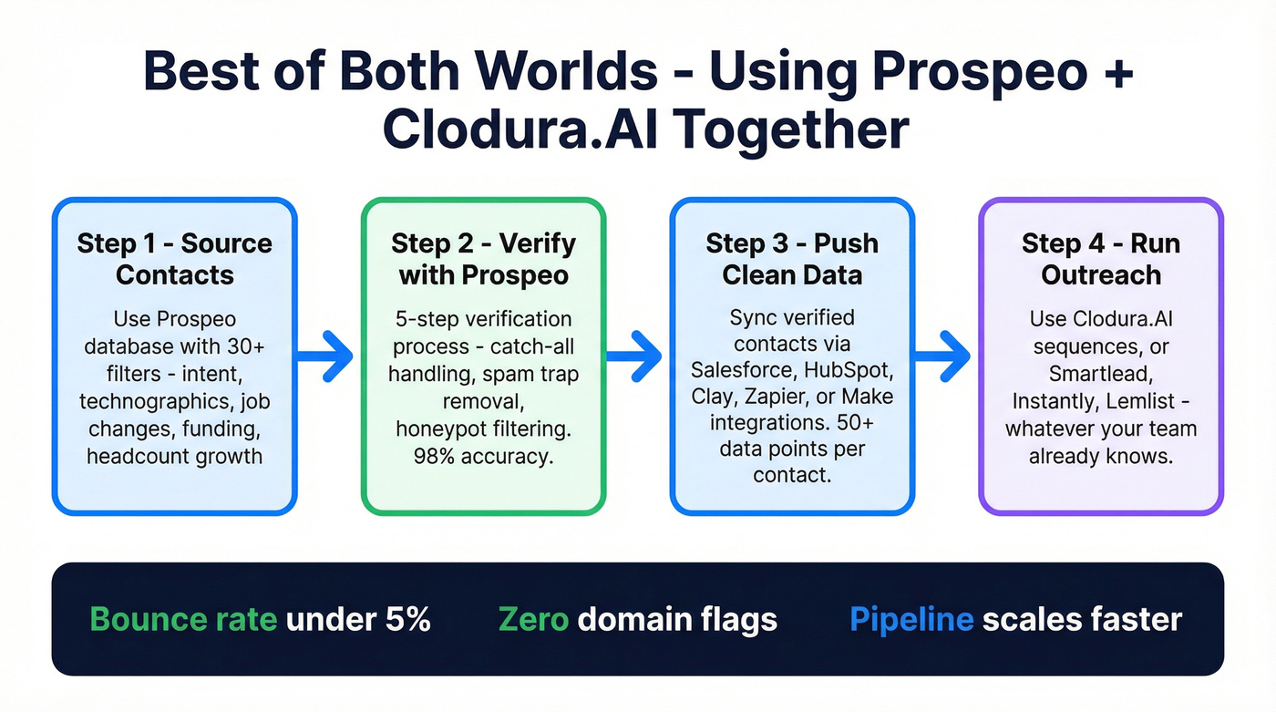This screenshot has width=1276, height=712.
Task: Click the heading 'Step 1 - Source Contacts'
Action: tap(174, 259)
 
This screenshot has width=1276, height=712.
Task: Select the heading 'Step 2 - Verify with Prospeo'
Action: tap(483, 259)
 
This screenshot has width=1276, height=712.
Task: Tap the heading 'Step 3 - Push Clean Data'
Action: tap(791, 259)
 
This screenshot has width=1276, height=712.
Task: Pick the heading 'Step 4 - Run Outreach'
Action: tap(1100, 259)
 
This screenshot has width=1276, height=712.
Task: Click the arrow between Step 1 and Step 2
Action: tap(326, 356)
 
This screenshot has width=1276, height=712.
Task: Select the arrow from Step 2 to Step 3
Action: tap(636, 356)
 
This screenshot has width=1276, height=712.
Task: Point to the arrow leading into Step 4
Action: tap(944, 356)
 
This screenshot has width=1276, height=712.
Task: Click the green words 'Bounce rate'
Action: tap(183, 620)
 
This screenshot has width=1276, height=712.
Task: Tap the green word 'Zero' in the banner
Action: tap(533, 620)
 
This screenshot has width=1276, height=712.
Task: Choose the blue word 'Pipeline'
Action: tap(911, 620)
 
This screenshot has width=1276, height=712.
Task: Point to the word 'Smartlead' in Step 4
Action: tap(1100, 374)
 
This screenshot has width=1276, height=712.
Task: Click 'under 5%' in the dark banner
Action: tap(357, 620)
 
